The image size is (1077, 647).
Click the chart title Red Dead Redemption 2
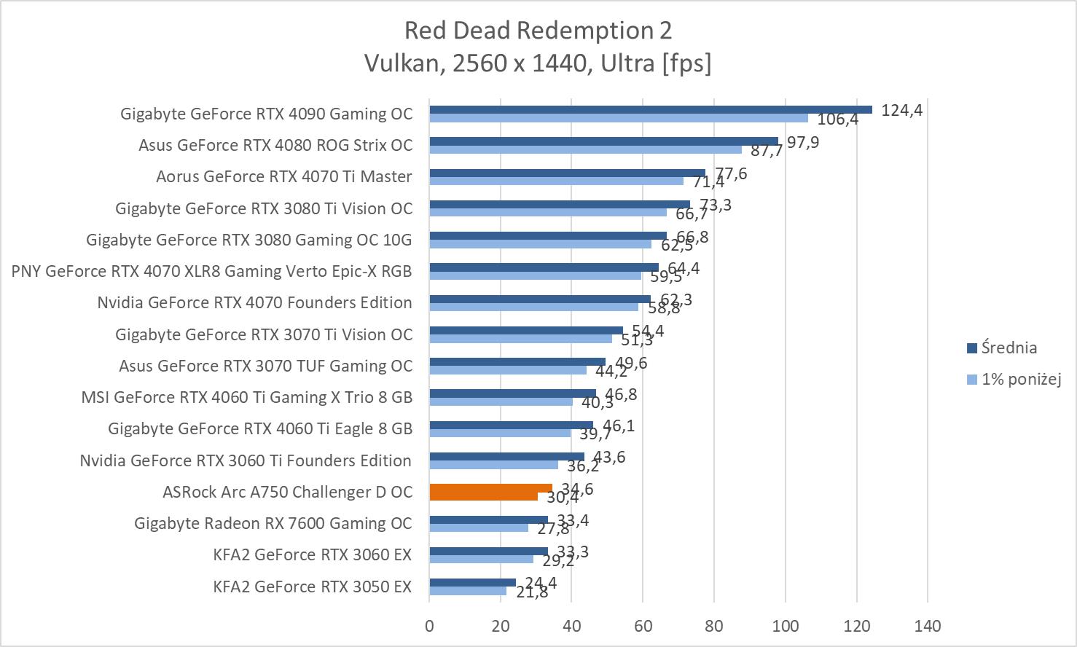click(x=538, y=31)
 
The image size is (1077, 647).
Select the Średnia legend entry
click(x=1009, y=348)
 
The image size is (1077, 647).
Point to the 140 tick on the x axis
click(x=928, y=626)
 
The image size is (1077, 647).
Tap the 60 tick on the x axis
click(x=643, y=626)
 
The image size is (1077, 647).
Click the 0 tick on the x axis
click(x=429, y=626)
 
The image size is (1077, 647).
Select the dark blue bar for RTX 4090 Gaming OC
click(x=650, y=109)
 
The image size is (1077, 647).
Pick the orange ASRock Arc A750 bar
click(x=490, y=488)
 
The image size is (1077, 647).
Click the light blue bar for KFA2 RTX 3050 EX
click(x=467, y=591)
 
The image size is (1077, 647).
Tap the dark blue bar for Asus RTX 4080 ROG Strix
click(x=603, y=141)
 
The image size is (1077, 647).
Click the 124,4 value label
click(x=901, y=111)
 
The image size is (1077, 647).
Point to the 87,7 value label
click(x=767, y=151)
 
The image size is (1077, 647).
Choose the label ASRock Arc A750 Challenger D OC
click(x=287, y=492)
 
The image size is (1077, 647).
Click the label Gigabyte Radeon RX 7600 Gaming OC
click(x=273, y=523)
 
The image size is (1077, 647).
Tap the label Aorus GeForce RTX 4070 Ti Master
click(x=284, y=176)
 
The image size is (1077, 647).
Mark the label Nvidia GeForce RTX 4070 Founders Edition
click(x=254, y=302)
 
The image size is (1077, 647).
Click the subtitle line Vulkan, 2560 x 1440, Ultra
click(x=538, y=64)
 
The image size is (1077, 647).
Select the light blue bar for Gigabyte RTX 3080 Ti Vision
click(x=548, y=212)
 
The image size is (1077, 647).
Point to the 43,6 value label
click(x=608, y=458)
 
